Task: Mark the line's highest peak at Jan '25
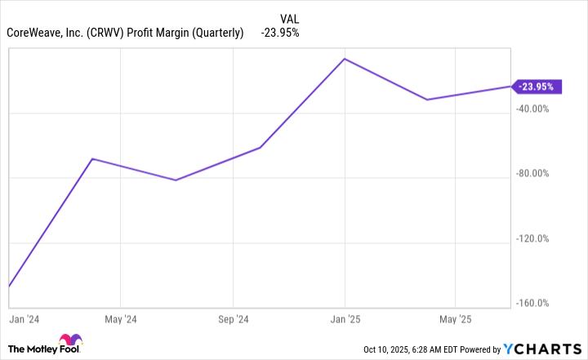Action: (x=345, y=59)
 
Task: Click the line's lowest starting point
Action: (x=9, y=286)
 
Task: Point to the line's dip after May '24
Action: (x=176, y=180)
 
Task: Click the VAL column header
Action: (x=288, y=17)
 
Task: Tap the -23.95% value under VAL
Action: (x=280, y=33)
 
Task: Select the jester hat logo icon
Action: (x=69, y=343)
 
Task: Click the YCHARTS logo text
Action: (x=541, y=349)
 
